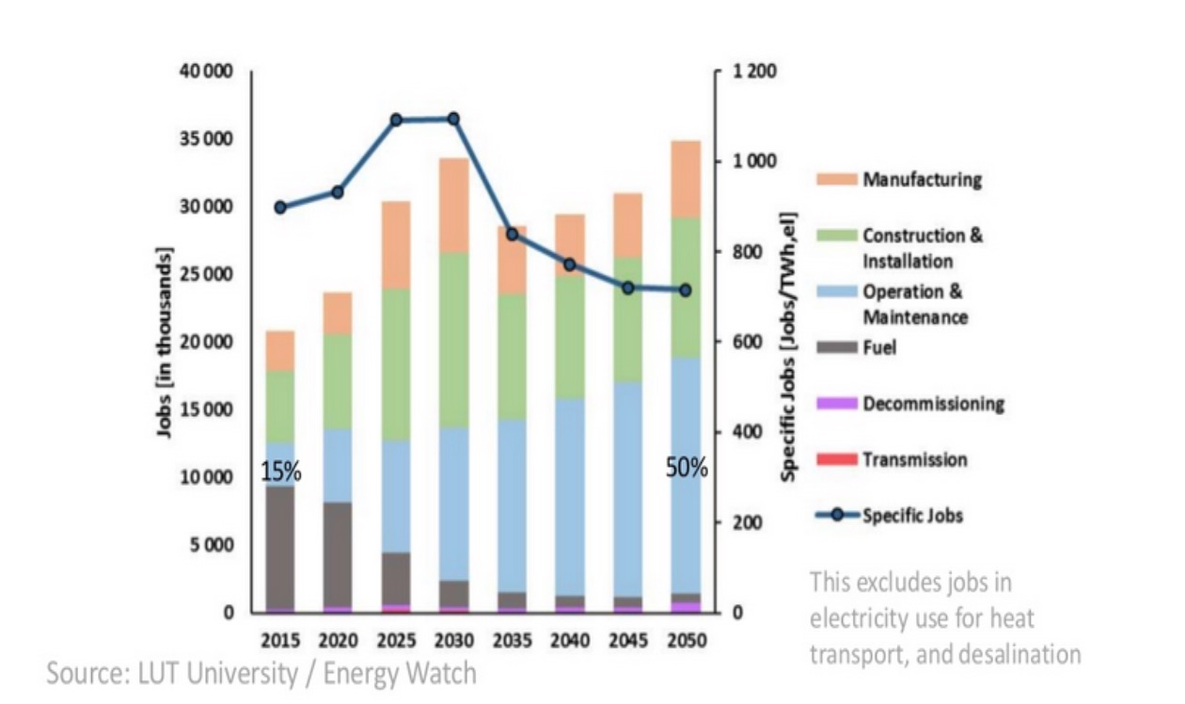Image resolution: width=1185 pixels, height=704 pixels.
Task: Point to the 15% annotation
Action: [x=281, y=472]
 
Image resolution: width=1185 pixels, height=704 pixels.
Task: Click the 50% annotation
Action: [x=686, y=468]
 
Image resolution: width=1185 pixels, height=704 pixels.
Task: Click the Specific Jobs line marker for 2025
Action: [x=396, y=120]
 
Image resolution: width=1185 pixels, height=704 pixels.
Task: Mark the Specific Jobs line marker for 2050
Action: [x=686, y=290]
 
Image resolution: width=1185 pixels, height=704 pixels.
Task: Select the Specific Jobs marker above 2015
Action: [x=280, y=207]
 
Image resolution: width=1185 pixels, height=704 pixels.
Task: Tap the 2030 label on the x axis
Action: [x=453, y=640]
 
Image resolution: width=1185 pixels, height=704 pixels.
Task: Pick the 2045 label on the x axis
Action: [x=627, y=640]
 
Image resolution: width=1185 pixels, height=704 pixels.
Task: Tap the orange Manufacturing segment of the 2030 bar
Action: [x=453, y=205]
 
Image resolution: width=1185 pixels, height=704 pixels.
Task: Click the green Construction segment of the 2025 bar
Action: [x=396, y=365]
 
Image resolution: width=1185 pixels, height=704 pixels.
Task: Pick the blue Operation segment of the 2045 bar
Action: [x=627, y=489]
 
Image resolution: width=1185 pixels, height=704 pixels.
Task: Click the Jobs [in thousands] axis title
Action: [x=166, y=344]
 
